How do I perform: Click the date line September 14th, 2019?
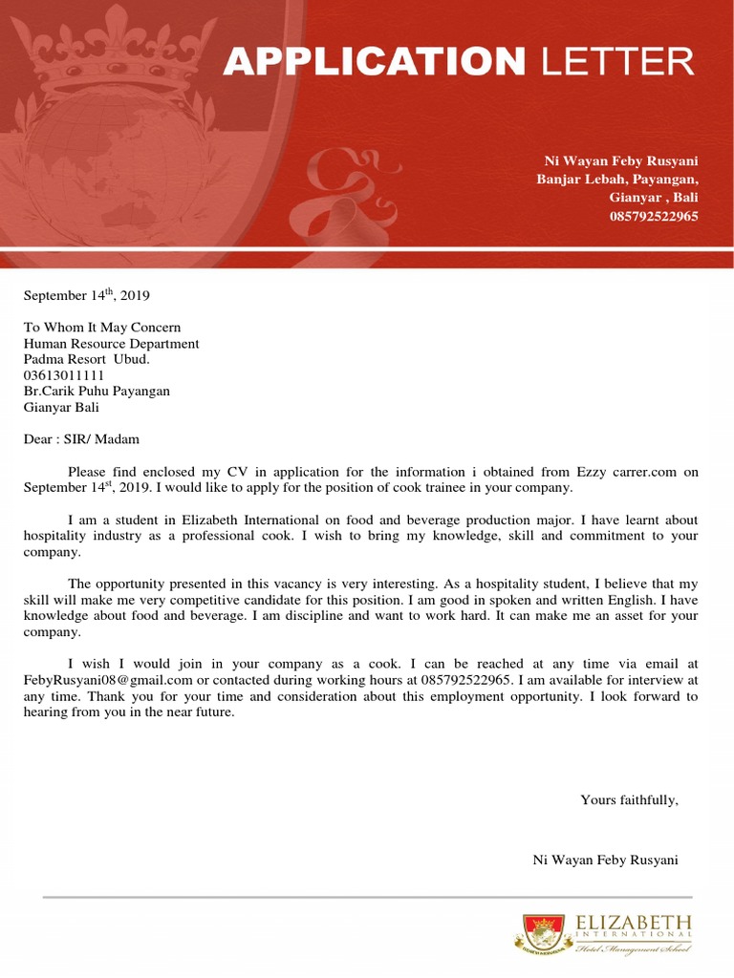tap(87, 295)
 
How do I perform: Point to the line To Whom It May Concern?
tap(102, 328)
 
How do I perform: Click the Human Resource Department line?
tap(112, 344)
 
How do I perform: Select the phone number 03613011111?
tap(64, 375)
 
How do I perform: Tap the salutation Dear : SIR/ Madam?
tap(81, 439)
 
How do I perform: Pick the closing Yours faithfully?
tap(629, 800)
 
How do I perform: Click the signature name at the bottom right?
tap(605, 861)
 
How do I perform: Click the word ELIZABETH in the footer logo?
tap(634, 923)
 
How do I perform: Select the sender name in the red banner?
tap(621, 161)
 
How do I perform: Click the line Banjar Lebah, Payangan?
tap(617, 180)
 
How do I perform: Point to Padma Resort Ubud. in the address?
tap(87, 359)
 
